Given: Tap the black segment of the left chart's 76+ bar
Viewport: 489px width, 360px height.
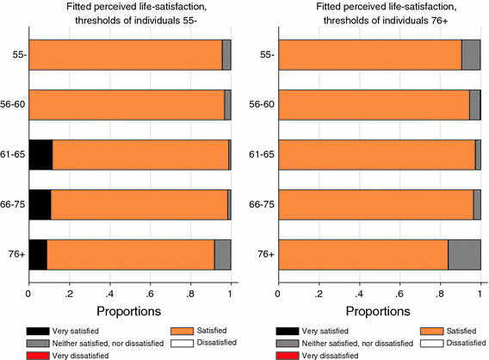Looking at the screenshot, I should pos(38,255).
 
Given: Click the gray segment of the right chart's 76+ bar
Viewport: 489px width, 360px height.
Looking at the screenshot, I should pos(464,255).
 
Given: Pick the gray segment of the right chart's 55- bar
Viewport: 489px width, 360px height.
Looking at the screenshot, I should pos(471,54).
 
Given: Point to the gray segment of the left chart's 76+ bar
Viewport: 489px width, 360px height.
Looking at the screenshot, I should pos(222,255).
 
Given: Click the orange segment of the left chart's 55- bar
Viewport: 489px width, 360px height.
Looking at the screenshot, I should pos(125,54).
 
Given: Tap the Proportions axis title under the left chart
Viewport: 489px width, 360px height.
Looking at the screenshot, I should pos(129,309).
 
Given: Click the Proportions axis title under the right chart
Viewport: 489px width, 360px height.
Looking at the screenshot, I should pos(379,309).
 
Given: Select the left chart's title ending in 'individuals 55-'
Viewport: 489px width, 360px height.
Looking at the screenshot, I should pos(129,16).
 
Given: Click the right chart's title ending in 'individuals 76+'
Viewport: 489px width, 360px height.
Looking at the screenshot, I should pos(379,16).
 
